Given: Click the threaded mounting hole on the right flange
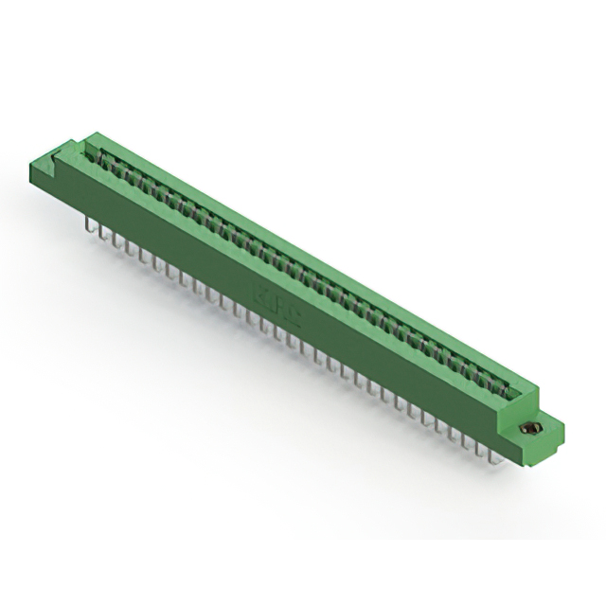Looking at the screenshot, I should [x=529, y=429].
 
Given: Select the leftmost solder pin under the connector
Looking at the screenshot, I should [x=88, y=226].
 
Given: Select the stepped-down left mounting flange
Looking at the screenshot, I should [x=59, y=170].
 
